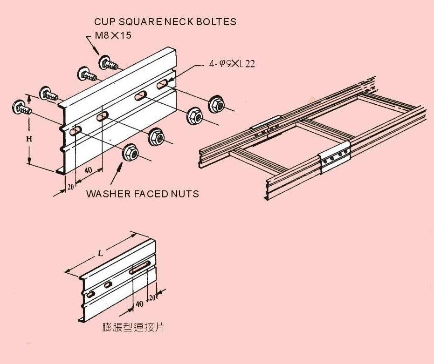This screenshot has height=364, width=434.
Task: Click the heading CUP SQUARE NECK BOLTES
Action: click(165, 22)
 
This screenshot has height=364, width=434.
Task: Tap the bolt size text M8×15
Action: click(112, 35)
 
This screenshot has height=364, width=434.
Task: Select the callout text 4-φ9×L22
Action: click(231, 64)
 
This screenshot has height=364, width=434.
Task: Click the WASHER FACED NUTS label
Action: click(142, 194)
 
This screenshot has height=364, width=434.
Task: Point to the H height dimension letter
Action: click(29, 138)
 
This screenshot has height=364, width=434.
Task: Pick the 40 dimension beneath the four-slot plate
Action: click(88, 170)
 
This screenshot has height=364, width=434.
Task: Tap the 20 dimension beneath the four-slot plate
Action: click(70, 186)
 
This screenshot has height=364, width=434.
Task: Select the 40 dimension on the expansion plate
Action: click(139, 304)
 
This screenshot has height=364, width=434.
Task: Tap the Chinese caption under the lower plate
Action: click(133, 327)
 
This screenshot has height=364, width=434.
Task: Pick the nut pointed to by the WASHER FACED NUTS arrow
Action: click(130, 153)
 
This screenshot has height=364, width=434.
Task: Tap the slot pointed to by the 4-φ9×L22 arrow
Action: click(162, 84)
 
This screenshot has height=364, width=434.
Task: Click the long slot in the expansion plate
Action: click(140, 268)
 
